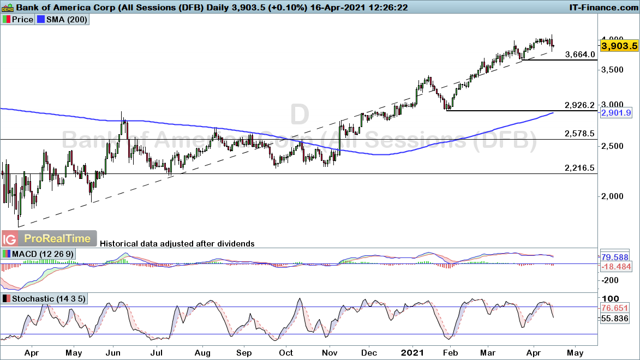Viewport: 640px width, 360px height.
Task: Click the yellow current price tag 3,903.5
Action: point(619,46)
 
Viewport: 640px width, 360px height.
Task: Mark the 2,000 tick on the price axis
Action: point(612,196)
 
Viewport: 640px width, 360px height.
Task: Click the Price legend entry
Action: point(19,19)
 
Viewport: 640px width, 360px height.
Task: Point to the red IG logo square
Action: point(9,239)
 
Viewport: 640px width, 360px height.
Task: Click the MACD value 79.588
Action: point(619,256)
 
